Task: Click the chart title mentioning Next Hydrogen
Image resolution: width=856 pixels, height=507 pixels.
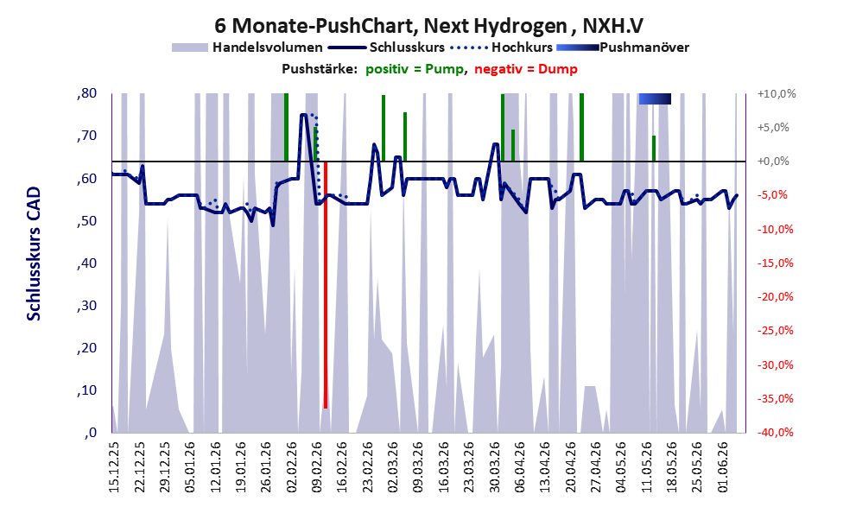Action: [x=428, y=25]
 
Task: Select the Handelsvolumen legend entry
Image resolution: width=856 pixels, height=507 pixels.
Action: [x=247, y=48]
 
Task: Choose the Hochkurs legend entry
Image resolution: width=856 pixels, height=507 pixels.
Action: [x=502, y=48]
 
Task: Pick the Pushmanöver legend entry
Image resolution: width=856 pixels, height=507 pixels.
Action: [x=623, y=48]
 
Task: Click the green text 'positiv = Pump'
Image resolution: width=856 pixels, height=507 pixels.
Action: [x=415, y=69]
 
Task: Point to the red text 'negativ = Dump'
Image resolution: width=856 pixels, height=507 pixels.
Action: [x=526, y=69]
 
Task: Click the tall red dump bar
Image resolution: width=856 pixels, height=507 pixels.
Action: [x=326, y=284]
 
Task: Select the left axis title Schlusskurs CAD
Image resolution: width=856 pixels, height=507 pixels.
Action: [x=34, y=253]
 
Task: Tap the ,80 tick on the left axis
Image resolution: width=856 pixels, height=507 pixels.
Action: [x=86, y=93]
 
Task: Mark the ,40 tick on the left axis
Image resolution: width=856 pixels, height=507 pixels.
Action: [x=86, y=263]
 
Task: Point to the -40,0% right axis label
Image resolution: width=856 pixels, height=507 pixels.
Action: [x=775, y=432]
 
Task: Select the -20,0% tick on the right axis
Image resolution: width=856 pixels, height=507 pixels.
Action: [x=775, y=297]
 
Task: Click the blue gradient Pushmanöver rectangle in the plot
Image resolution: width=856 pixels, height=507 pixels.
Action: [x=655, y=98]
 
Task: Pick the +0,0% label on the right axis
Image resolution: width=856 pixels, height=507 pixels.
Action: [x=774, y=162]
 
